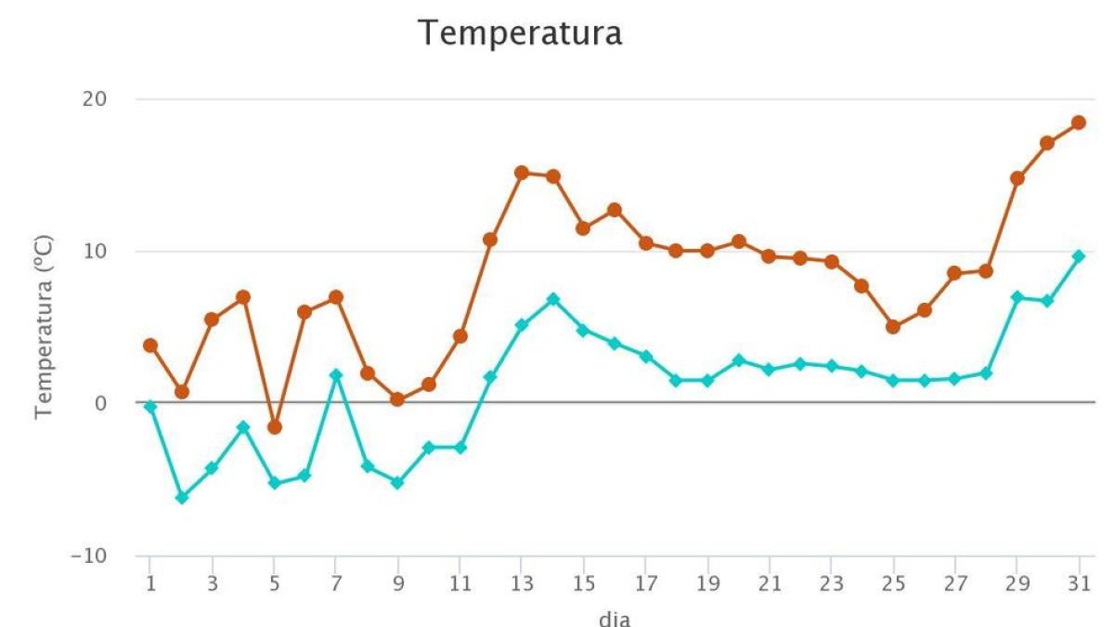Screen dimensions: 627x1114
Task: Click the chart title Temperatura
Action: (x=520, y=33)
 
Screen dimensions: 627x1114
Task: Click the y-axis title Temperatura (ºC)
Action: (x=43, y=327)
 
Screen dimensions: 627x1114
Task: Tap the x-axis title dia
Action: (x=614, y=618)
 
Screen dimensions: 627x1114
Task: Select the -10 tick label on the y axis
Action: (x=91, y=555)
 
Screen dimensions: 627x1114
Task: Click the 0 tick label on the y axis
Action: (x=102, y=403)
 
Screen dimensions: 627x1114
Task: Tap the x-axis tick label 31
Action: (x=1078, y=586)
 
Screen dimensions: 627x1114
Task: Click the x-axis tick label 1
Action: (x=149, y=586)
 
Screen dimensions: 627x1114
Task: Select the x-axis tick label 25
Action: (x=892, y=586)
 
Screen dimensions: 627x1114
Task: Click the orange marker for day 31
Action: (x=1078, y=123)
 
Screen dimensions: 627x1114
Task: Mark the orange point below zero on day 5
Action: (x=274, y=427)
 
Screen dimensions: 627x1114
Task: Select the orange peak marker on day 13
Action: (x=521, y=173)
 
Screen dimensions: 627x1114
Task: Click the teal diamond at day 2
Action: (x=181, y=498)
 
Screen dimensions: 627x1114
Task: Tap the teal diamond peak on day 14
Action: (x=552, y=299)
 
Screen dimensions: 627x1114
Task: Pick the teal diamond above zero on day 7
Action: (x=336, y=375)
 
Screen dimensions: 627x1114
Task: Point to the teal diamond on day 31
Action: (x=1078, y=255)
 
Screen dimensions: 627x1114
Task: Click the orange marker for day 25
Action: (x=892, y=327)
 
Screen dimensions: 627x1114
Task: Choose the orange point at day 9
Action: (x=397, y=399)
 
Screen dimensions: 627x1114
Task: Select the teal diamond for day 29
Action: (x=1017, y=297)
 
